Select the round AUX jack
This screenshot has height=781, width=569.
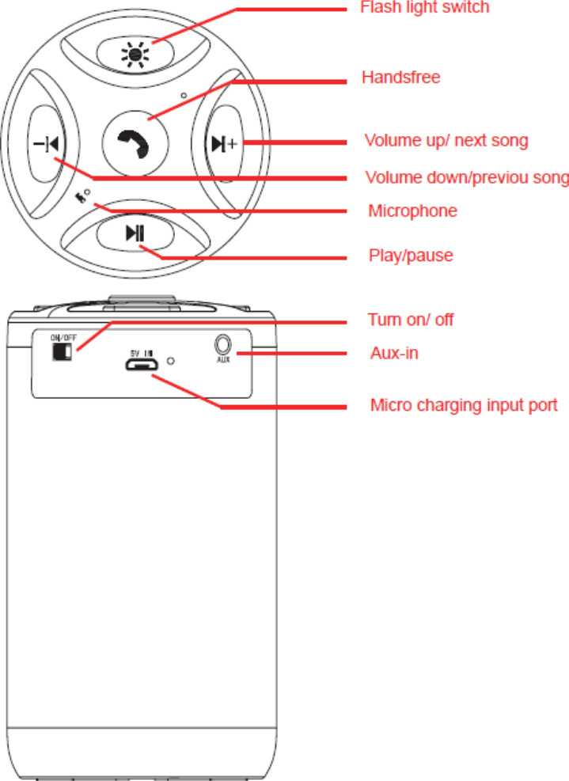click(222, 344)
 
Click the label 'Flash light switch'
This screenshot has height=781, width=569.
click(425, 8)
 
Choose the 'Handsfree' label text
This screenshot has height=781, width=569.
click(400, 78)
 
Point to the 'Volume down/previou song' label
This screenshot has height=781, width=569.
click(466, 177)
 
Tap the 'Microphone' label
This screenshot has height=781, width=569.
click(412, 211)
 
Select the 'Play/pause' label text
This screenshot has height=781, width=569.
click(411, 256)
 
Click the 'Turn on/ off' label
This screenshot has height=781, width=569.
click(410, 320)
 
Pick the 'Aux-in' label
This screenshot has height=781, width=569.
click(394, 353)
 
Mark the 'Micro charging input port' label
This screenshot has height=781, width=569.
click(464, 405)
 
